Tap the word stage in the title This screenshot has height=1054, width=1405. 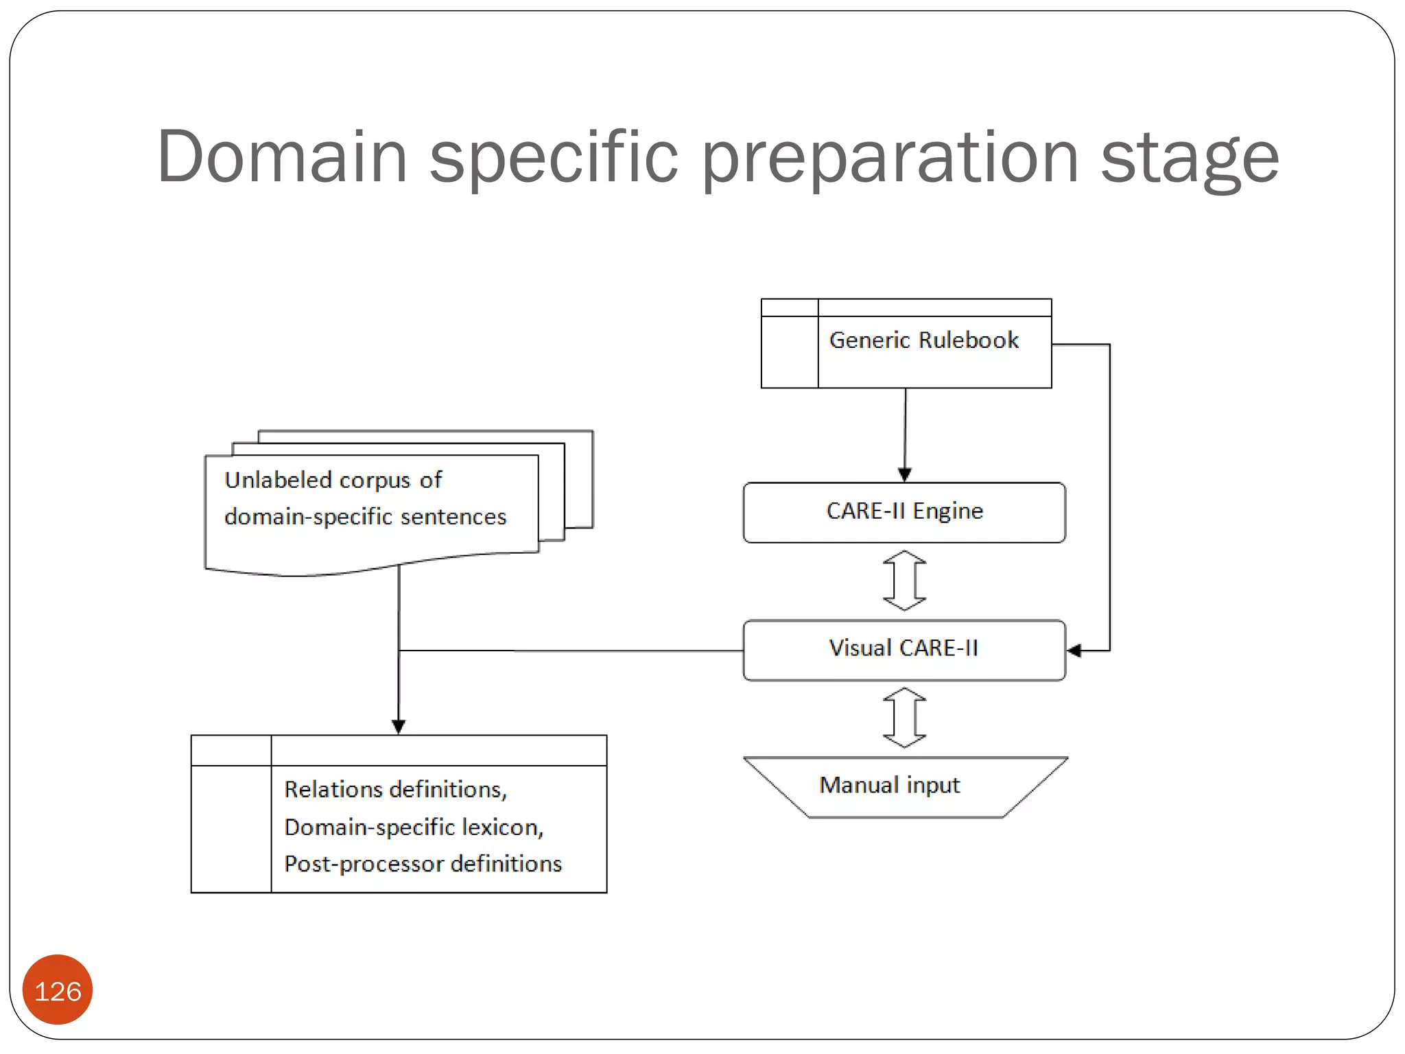coord(1190,159)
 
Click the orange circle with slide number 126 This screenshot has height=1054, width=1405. coord(58,990)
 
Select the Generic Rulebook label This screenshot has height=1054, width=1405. coord(923,340)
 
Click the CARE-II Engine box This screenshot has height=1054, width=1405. coord(904,512)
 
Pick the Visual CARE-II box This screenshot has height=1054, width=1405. coord(904,649)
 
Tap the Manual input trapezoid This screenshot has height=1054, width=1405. coord(904,786)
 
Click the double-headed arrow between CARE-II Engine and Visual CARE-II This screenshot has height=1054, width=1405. coord(904,581)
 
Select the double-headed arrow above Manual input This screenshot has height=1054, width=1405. coord(904,718)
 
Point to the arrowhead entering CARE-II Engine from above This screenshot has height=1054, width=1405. coord(904,475)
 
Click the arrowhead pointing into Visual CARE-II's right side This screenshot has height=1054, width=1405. coord(1074,651)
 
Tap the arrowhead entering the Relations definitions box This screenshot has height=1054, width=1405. coord(399,727)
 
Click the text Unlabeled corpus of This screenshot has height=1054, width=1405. coord(333,480)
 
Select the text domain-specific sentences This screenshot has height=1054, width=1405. coord(365,516)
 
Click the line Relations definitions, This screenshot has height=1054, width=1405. coord(396,789)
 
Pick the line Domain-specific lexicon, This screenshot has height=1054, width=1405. coord(414,827)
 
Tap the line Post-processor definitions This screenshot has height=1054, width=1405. coord(423,863)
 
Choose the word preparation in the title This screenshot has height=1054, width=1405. coord(890,159)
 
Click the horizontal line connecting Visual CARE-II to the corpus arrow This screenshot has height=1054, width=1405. coord(569,651)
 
